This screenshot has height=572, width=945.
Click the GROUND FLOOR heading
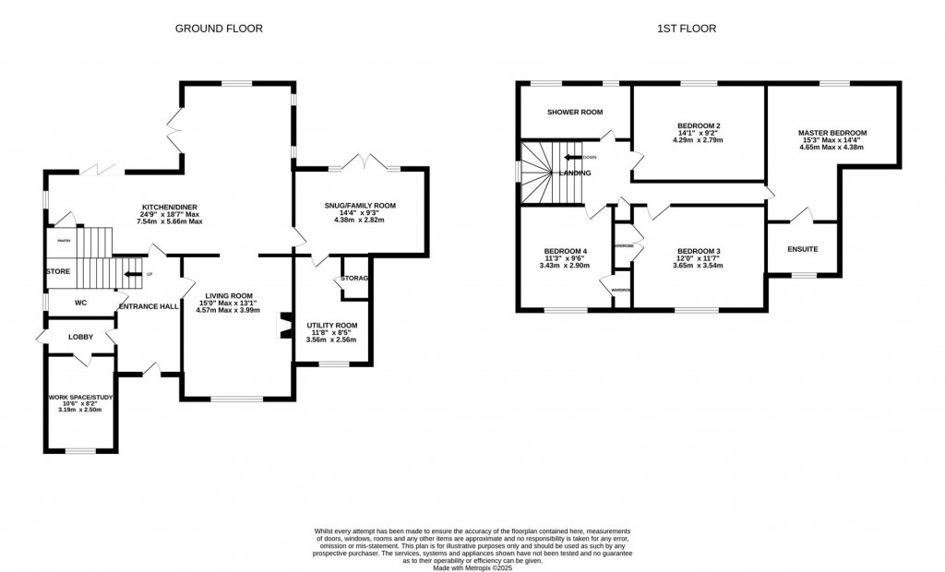click(x=219, y=29)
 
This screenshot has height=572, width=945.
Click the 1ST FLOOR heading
click(x=687, y=29)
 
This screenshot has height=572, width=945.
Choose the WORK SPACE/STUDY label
click(x=79, y=399)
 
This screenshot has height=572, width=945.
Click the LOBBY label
click(x=80, y=337)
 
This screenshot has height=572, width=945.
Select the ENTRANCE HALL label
click(x=148, y=305)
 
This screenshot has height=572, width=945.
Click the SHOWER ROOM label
click(x=574, y=112)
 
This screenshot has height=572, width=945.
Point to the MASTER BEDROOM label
click(x=831, y=133)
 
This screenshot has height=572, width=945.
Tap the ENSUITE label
click(x=802, y=249)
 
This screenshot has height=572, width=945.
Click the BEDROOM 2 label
click(x=699, y=125)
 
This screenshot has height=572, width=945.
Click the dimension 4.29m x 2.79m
click(x=699, y=141)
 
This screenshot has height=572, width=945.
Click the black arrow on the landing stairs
click(x=572, y=157)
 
